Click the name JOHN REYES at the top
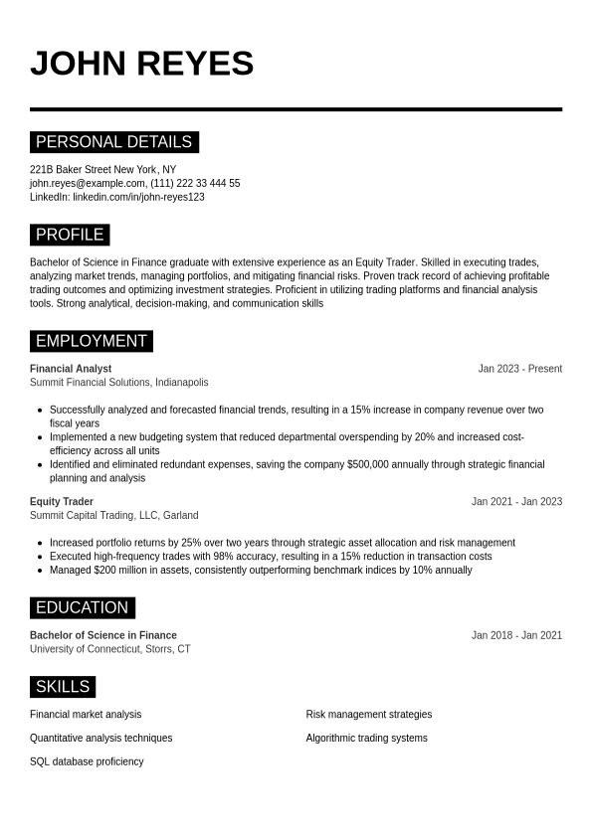(141, 64)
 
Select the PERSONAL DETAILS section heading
(113, 142)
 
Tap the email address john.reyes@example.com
(88, 183)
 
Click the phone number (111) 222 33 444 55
(195, 183)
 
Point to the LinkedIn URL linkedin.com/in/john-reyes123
(138, 197)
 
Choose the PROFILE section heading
(70, 235)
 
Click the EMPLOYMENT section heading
(91, 341)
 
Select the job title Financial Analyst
(71, 369)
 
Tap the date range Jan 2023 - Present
(519, 369)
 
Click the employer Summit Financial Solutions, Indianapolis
(118, 383)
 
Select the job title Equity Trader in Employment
(62, 502)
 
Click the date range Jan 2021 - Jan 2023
(516, 502)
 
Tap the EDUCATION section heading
(82, 607)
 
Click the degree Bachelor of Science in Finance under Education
(103, 635)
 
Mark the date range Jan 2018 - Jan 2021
(516, 635)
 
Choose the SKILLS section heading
(63, 687)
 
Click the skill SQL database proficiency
(87, 761)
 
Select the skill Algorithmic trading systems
(366, 739)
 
